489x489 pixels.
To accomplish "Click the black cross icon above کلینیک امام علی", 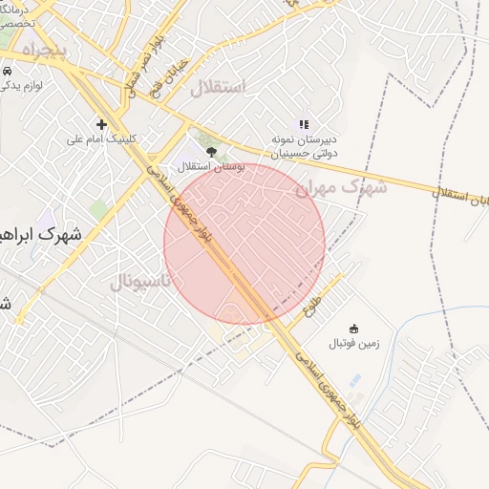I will pos(101,123).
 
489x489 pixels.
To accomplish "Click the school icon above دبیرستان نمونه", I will pos(304,124).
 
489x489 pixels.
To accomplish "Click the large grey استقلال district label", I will pos(219,88).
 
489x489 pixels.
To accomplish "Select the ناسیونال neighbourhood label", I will pos(139,281).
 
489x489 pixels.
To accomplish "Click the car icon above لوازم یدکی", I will pos(7,72).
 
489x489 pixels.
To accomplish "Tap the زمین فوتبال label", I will pos(356,343).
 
